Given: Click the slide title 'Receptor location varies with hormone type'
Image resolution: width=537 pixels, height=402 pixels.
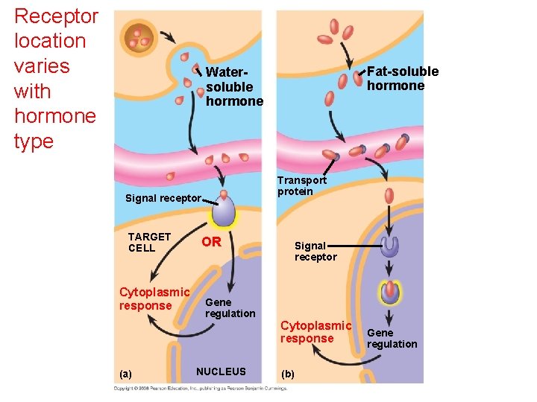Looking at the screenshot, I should coord(56,78).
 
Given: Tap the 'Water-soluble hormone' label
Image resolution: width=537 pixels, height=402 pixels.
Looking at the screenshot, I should coord(234,86).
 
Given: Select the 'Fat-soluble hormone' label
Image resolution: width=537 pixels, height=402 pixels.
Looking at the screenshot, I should coord(402,78).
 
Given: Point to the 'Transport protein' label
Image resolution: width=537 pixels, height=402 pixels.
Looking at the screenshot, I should coord(301,185).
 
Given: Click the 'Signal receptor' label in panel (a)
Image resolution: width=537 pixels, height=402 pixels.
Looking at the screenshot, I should coord(163,198).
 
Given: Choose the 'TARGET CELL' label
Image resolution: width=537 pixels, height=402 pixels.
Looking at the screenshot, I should coord(149,242).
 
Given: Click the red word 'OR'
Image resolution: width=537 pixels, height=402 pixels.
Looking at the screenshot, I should coord(212,242).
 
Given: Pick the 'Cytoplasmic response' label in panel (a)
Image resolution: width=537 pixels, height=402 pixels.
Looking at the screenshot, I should coord(154,299).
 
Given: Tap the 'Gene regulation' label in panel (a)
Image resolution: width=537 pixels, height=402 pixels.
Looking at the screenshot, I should coord(230,307).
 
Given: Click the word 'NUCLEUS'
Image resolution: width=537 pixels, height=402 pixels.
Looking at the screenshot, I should coord(221,371).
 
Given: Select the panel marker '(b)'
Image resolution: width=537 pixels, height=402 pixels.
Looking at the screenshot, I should coord(289,374).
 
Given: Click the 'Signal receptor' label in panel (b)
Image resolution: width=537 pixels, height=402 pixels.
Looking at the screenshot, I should coord(315,251).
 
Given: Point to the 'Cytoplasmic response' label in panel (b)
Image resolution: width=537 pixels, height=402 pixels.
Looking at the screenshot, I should coord(315,332).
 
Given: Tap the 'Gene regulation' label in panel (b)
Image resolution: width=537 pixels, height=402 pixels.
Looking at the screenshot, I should coord(392,338).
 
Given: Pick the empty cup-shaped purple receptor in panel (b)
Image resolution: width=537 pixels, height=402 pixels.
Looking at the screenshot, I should coord(389,246).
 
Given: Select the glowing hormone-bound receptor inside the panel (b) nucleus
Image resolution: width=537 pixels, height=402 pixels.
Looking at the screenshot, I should coord(389,292).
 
